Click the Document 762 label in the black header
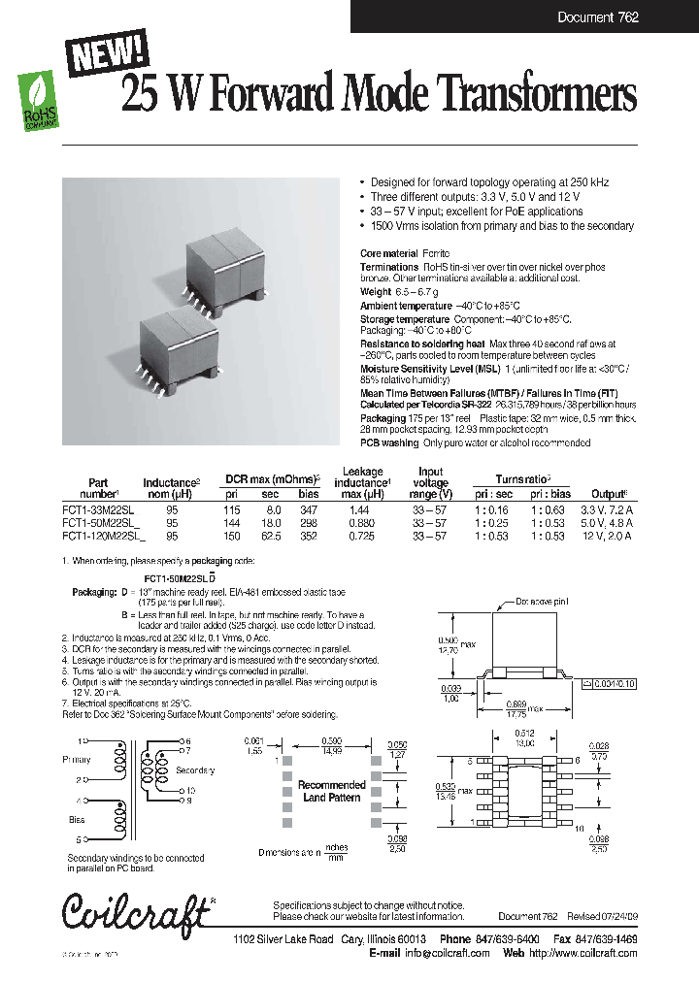[x=597, y=17]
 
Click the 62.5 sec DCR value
[x=273, y=535]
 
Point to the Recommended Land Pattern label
[x=331, y=791]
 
